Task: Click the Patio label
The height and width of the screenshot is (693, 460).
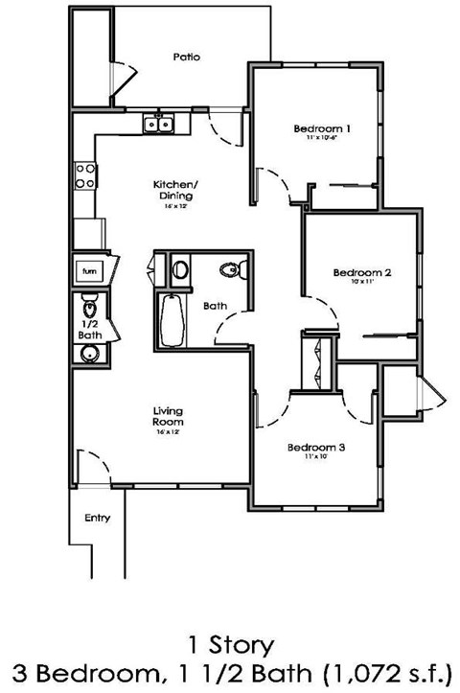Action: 187,58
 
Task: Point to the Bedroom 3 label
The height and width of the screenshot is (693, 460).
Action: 315,448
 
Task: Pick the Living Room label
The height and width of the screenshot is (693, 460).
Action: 168,417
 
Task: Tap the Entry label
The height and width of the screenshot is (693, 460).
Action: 98,519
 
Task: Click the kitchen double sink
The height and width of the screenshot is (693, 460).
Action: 158,123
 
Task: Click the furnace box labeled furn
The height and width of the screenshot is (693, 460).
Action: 89,271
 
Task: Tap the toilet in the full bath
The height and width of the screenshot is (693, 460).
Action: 229,270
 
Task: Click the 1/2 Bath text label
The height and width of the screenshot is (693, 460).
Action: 89,331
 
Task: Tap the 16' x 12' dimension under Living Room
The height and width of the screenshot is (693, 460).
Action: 168,432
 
